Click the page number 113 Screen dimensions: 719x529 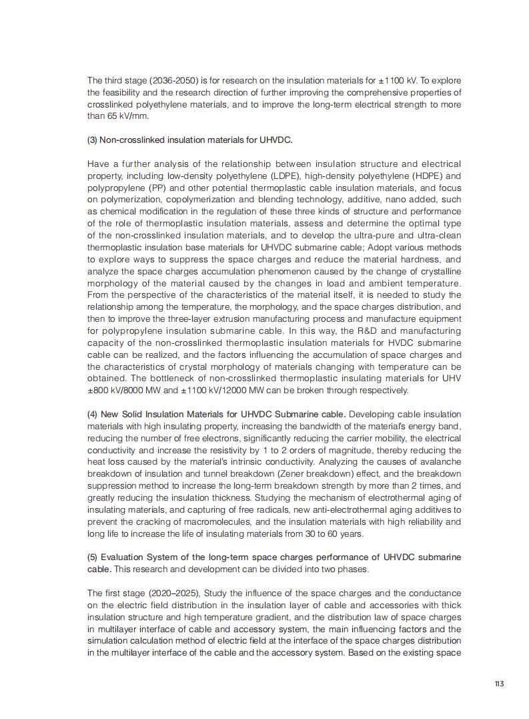[498, 684]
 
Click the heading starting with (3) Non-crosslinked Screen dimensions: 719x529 [189, 140]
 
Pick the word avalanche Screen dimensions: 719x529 [440, 462]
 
